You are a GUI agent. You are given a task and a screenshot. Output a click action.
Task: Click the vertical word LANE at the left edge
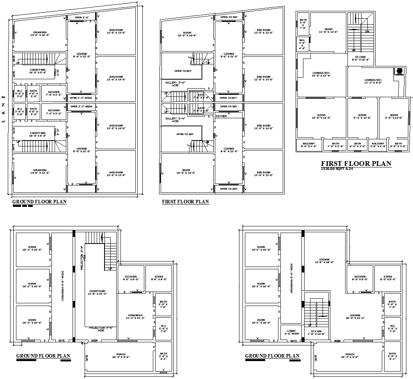coord(3,109)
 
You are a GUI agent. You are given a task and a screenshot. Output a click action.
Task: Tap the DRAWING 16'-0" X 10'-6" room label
coord(40,34)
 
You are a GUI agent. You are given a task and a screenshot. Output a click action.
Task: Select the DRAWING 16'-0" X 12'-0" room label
coord(40,171)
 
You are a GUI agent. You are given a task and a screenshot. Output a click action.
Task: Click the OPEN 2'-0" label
coord(82,18)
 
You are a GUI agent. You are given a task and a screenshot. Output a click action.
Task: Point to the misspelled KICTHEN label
coord(222,116)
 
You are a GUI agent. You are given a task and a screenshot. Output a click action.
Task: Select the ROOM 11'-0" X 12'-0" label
coord(328,30)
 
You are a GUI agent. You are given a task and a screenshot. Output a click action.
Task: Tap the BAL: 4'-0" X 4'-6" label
coord(302,44)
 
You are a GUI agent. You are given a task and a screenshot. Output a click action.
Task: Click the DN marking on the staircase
coord(367,31)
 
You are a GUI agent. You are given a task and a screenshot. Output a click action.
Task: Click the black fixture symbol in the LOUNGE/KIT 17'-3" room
coord(399,71)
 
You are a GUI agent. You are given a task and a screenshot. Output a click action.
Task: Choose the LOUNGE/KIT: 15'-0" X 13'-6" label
coord(321,74)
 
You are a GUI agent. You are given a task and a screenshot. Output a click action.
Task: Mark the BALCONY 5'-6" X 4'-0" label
coord(378,145)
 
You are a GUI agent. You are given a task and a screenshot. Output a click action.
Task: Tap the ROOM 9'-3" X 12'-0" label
coord(362,116)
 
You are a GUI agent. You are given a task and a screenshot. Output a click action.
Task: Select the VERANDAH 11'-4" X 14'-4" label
coord(135,317)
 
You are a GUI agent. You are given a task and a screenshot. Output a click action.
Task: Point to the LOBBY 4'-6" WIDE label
coord(291,332)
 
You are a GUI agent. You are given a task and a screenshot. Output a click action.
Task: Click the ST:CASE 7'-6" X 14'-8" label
coord(316,333)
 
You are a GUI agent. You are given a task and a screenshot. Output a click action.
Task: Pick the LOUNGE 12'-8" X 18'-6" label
coord(324,261)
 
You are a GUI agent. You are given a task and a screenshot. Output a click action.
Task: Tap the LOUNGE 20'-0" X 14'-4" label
coord(355,317)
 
